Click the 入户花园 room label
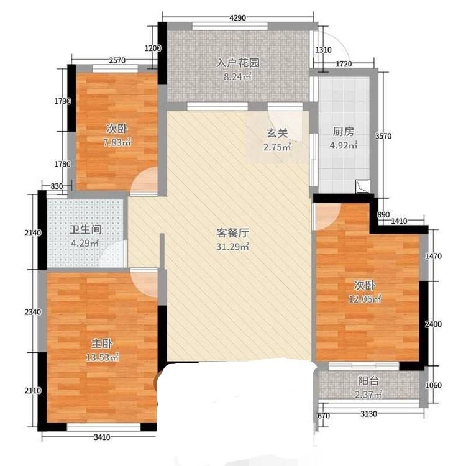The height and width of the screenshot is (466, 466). click(x=238, y=63)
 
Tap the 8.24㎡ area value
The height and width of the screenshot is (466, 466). click(x=237, y=76)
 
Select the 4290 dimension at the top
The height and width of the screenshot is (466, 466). click(x=237, y=18)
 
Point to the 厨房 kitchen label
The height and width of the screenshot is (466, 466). click(x=343, y=131)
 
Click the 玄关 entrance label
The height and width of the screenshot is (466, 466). click(x=277, y=133)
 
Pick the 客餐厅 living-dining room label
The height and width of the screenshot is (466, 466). click(x=232, y=233)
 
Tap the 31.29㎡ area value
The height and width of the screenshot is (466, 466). click(x=232, y=247)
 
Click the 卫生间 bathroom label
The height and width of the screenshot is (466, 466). click(x=85, y=229)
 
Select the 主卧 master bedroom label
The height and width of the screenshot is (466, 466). click(x=102, y=344)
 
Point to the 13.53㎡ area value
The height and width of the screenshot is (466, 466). click(x=102, y=357)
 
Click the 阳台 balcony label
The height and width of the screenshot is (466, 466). click(x=368, y=381)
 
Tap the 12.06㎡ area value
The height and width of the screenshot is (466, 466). click(x=365, y=299)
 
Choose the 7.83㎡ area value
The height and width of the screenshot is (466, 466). click(x=117, y=143)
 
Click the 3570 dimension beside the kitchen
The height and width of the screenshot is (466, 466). click(x=383, y=136)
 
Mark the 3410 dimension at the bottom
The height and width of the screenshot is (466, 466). click(x=102, y=437)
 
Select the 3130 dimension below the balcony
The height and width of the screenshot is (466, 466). click(x=368, y=414)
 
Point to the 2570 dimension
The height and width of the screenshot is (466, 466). click(x=117, y=60)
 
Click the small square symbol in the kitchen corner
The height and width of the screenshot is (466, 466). click(x=363, y=186)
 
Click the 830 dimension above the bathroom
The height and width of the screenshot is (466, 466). click(x=57, y=186)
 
